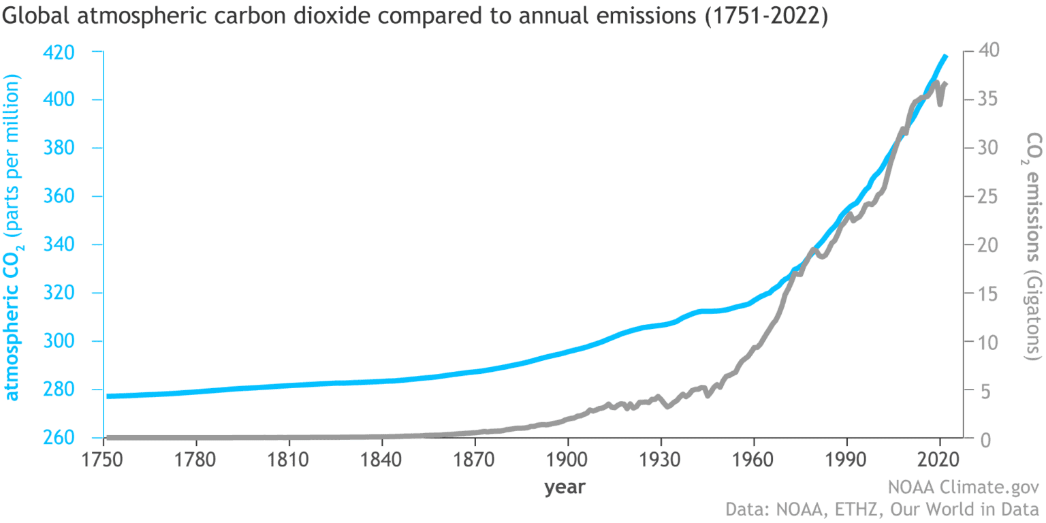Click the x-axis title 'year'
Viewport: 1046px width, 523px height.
pyautogui.click(x=565, y=488)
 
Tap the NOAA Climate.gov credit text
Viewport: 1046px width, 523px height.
pyautogui.click(x=963, y=488)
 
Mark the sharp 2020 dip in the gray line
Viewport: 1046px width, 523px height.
pyautogui.click(x=940, y=104)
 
